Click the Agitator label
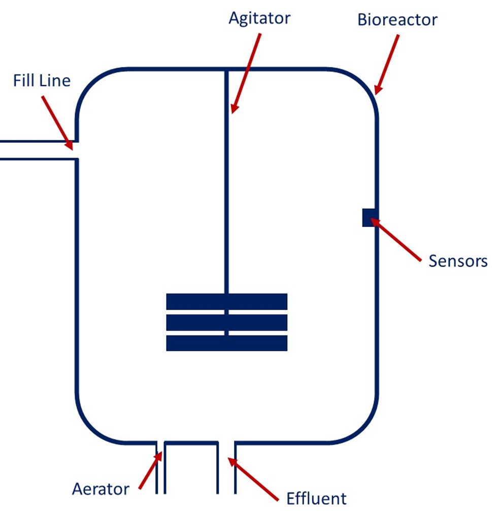(259, 18)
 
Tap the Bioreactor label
(397, 20)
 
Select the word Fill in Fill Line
(24, 80)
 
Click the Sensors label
(458, 261)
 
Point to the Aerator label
(101, 489)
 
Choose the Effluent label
(316, 498)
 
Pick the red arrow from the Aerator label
(150, 471)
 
